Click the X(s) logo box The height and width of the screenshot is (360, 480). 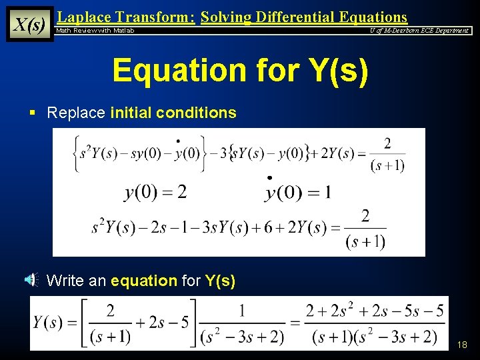point(29,25)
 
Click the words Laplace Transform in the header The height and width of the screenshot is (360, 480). point(126,17)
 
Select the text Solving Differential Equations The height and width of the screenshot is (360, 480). point(303,17)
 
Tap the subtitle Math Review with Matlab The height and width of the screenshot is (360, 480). point(95,31)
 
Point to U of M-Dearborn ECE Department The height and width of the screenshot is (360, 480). point(419,31)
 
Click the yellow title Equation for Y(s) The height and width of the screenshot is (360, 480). point(240,70)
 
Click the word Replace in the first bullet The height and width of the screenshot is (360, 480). point(76,113)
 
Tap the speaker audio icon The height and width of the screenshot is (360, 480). point(31,281)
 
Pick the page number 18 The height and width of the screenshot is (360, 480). point(462,345)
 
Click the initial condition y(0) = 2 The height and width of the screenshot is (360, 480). point(156,192)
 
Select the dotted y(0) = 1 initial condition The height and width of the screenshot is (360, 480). point(298,192)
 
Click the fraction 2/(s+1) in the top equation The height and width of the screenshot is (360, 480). point(387,154)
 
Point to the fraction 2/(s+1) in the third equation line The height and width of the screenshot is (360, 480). point(365,228)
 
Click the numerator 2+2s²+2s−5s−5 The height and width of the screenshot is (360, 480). point(375,311)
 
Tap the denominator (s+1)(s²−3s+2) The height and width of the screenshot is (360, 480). point(375,337)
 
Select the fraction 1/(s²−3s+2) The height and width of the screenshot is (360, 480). point(241,323)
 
